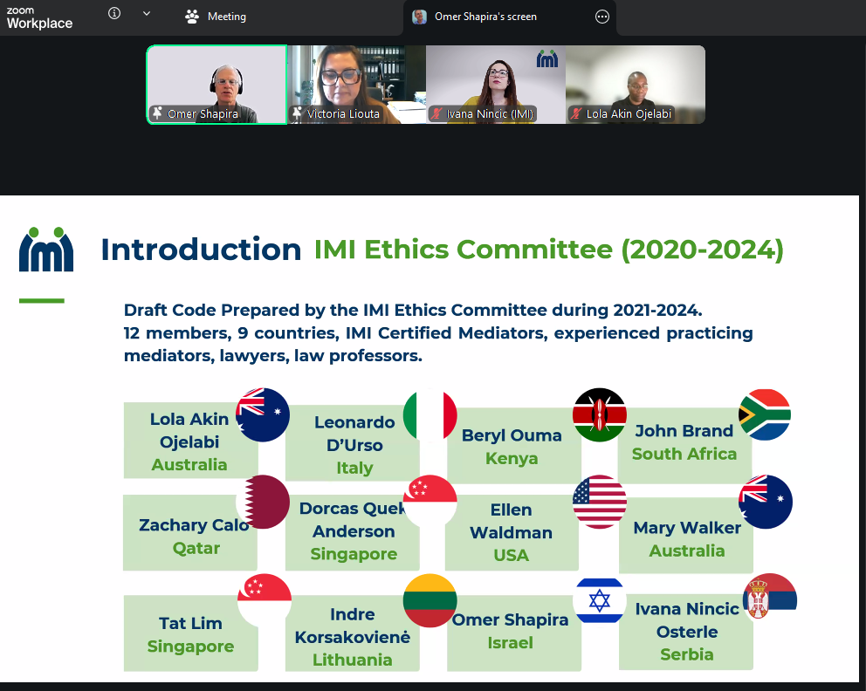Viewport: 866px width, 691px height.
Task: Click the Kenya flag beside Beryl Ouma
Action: [x=599, y=415]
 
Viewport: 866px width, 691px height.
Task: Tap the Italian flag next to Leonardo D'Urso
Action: [x=430, y=415]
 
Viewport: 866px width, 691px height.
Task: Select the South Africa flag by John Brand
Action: [x=765, y=415]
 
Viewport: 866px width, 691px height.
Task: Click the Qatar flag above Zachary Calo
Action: [x=263, y=502]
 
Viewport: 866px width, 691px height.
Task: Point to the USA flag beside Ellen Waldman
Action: [x=599, y=502]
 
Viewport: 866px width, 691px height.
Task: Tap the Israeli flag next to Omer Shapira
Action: [x=599, y=600]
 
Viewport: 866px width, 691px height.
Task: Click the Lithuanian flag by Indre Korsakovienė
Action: [x=430, y=600]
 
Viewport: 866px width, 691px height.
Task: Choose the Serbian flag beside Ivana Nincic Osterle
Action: [x=770, y=597]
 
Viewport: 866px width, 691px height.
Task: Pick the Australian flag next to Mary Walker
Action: [x=766, y=502]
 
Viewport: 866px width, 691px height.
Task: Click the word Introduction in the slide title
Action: [x=201, y=250]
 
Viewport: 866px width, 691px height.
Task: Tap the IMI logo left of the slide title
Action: [x=46, y=250]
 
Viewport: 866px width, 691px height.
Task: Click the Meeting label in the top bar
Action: [x=226, y=17]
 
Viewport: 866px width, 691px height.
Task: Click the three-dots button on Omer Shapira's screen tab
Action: [x=602, y=17]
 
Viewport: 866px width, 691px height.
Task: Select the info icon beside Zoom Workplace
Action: [x=114, y=13]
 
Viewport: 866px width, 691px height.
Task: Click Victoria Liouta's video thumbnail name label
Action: [x=343, y=113]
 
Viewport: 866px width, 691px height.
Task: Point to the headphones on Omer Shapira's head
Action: [x=226, y=80]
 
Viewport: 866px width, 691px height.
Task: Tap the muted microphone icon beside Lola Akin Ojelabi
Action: [x=576, y=113]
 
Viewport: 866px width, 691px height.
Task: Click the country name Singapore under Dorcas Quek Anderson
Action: [x=354, y=553]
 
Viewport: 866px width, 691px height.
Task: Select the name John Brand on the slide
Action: [x=684, y=430]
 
